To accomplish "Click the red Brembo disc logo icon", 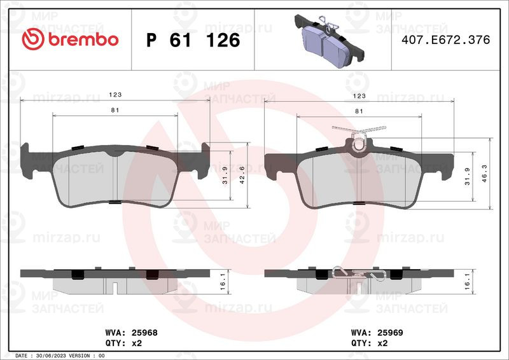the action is point(33,39).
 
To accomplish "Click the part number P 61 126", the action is point(193,40).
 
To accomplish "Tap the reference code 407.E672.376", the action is point(446,39).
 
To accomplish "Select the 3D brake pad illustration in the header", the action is point(329,40).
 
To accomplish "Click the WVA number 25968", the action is point(144,333).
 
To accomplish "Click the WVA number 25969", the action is point(390,333).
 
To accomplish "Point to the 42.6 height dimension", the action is point(242,175).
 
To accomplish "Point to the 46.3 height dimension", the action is point(484,174).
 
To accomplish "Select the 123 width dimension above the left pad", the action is point(115,95).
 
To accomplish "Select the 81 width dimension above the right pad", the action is point(359,111).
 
